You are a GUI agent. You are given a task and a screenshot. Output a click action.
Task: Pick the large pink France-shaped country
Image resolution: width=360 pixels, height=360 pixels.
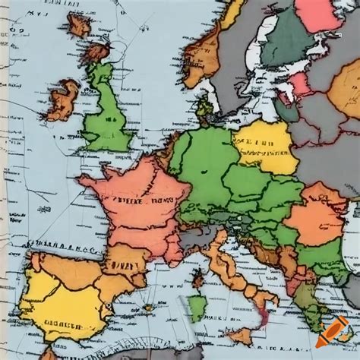pos(137,205)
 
